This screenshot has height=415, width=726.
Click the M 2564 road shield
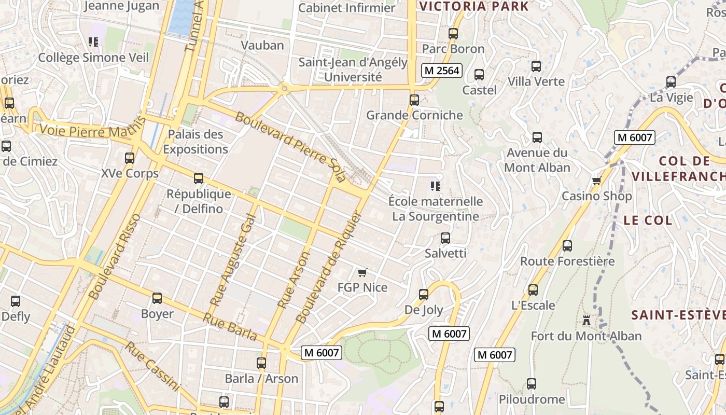pos(441,71)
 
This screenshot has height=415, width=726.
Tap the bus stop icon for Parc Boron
pos(453,34)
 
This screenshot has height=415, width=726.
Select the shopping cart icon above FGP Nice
pos(362,272)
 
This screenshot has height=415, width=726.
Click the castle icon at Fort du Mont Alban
pos(587,321)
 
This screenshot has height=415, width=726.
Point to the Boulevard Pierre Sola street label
pos(290,146)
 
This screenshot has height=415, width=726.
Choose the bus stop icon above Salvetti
pos(445,238)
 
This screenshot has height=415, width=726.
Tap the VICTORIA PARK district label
pos(474,7)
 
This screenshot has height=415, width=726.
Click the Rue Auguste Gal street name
pos(233,259)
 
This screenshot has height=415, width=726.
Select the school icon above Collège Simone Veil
pos(93,42)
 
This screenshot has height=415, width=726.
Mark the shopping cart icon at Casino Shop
pos(597,181)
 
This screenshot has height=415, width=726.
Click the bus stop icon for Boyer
pos(157,298)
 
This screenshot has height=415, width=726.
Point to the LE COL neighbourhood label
pos(648,220)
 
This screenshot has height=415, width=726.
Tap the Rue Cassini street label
pos(152,366)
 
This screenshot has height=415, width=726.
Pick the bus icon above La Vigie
pos(671,82)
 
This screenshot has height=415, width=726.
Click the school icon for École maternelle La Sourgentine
pos(436,186)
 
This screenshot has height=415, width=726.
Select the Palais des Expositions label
pos(196,142)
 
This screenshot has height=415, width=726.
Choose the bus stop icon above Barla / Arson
pos(261,363)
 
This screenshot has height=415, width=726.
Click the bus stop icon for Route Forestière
pos(567,246)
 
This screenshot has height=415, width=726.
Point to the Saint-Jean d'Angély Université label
pos(353,70)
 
